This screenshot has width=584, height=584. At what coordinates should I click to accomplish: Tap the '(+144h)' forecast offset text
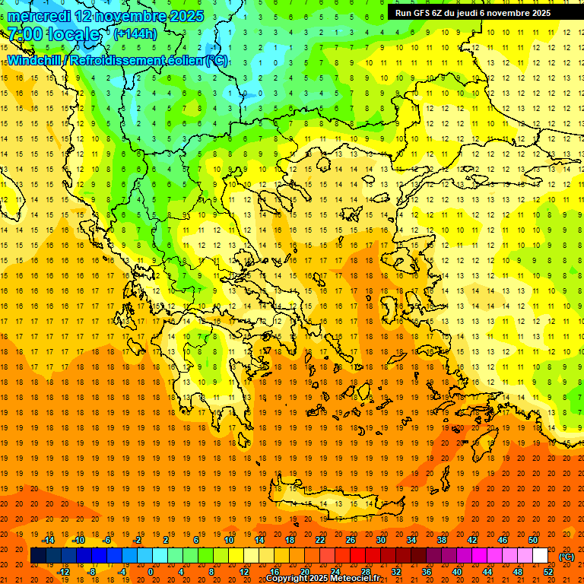point(135,33)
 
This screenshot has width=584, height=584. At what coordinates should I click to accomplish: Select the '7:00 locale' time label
point(53,34)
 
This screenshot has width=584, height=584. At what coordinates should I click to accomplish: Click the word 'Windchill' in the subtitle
point(35,60)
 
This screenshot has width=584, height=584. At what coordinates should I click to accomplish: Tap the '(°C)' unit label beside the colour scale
point(567,557)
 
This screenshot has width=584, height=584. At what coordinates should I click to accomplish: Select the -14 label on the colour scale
point(48,540)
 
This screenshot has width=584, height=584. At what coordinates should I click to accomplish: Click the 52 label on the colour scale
point(548,572)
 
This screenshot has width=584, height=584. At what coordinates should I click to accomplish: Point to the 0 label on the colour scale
point(150,572)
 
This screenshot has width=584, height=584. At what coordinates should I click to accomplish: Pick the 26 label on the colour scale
point(351,540)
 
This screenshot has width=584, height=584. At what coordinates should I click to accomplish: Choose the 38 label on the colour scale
point(442,540)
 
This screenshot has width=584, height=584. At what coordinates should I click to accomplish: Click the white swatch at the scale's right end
point(541,556)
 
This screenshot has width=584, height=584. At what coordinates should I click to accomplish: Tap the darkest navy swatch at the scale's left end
point(38,556)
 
